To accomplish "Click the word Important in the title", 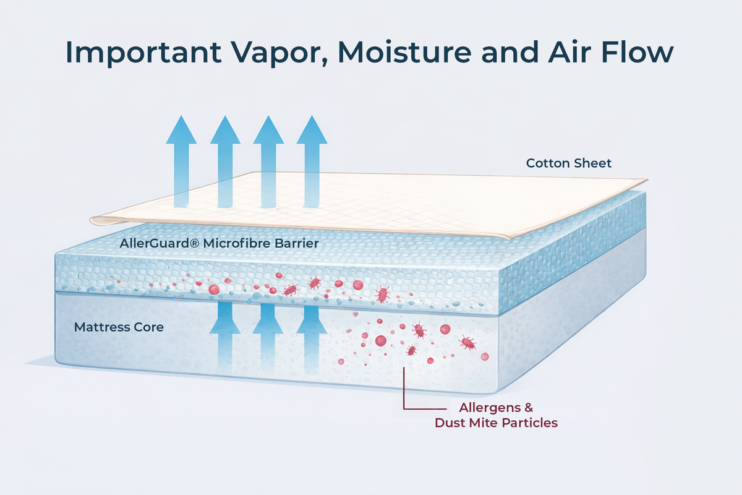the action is [143, 53].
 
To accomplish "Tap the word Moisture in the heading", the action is [404, 52].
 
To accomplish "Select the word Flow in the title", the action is [638, 52].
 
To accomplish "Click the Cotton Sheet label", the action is [569, 163].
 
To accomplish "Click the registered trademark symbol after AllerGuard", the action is [195, 243].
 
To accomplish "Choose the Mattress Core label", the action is [119, 327].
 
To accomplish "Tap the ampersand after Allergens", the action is [528, 408].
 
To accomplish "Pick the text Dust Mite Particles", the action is [496, 423].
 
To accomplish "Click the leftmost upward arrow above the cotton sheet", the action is [181, 161].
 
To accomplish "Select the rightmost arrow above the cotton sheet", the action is [312, 161].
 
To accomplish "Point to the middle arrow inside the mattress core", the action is [268, 337].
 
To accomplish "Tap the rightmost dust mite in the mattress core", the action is [467, 343].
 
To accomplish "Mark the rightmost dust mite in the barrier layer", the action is [382, 294].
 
